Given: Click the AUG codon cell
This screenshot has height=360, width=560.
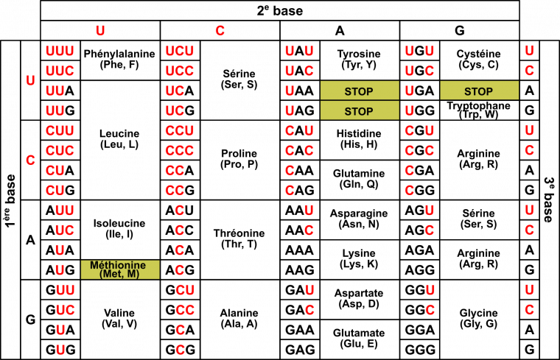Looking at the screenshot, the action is coord(60,269).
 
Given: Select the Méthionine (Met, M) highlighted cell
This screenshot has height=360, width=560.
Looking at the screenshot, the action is coord(120,269).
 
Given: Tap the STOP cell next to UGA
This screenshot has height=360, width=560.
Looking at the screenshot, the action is coord(479,91).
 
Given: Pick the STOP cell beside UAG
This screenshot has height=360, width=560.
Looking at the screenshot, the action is coord(360,110).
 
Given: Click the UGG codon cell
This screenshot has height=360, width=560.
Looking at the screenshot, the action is coord(420,110).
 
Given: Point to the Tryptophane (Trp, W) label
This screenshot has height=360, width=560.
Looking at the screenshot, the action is coord(478,110).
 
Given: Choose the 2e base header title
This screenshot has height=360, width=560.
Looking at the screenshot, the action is coord(280,11).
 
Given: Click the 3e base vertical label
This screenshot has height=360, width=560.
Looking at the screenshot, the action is coord(549,200).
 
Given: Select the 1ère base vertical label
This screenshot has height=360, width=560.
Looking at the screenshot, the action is coord(10,200).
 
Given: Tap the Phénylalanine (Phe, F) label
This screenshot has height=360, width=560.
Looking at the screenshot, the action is coord(119,59).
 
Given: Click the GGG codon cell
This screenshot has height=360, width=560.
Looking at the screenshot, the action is coord(420,350).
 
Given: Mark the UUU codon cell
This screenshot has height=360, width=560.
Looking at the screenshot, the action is coord(60,51).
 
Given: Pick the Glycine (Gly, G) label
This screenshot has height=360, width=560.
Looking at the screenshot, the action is coord(478,318).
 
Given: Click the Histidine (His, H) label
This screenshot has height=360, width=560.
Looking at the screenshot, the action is coord(359,139).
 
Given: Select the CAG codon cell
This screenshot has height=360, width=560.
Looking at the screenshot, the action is coord(300,190).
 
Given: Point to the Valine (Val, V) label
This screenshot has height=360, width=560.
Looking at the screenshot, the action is coord(119,318).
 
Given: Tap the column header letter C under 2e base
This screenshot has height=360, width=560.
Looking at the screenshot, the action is coord(220,31).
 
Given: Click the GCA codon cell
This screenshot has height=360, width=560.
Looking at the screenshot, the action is coord(180,330).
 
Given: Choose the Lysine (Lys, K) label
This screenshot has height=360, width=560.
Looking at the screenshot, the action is coord(359,258).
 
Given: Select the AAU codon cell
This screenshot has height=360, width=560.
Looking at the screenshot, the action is coord(300,210).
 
